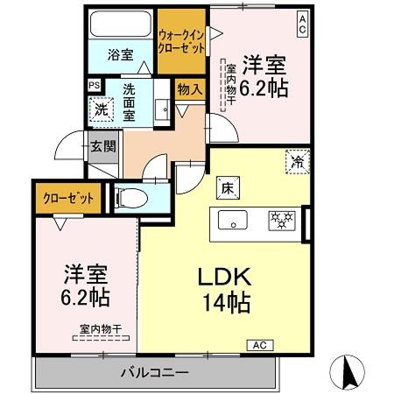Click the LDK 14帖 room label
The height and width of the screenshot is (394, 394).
click(225, 289)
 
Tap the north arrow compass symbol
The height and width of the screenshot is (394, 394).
click(348, 371)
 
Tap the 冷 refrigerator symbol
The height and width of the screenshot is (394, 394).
click(297, 161)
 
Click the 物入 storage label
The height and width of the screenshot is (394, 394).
click(190, 88)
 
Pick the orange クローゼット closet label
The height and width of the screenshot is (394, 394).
click(69, 199)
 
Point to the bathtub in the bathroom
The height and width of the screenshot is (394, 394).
click(123, 24)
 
